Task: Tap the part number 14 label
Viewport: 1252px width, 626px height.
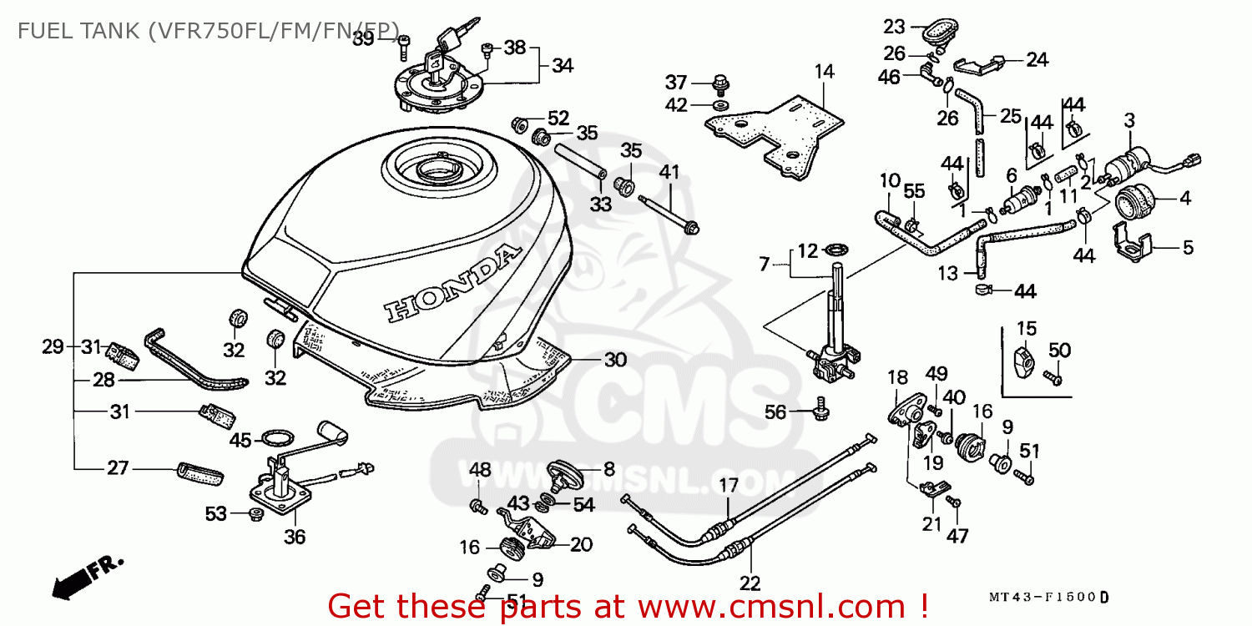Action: point(825,72)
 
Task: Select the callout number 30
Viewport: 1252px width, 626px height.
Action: point(615,360)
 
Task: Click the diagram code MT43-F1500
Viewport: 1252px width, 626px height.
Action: point(1043,598)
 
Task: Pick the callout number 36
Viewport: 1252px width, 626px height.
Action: point(295,538)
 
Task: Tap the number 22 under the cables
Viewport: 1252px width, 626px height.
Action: point(750,583)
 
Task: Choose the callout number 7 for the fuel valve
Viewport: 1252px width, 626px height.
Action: point(765,265)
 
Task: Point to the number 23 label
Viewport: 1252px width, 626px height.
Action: point(894,26)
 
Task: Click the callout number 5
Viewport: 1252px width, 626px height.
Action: point(1188,247)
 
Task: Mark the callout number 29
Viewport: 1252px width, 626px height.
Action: point(53,347)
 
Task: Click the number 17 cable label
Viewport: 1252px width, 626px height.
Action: point(729,485)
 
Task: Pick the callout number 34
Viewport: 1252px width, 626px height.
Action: point(563,65)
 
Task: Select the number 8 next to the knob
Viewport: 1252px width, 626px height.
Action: point(609,468)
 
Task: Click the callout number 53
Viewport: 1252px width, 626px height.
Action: point(216,514)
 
